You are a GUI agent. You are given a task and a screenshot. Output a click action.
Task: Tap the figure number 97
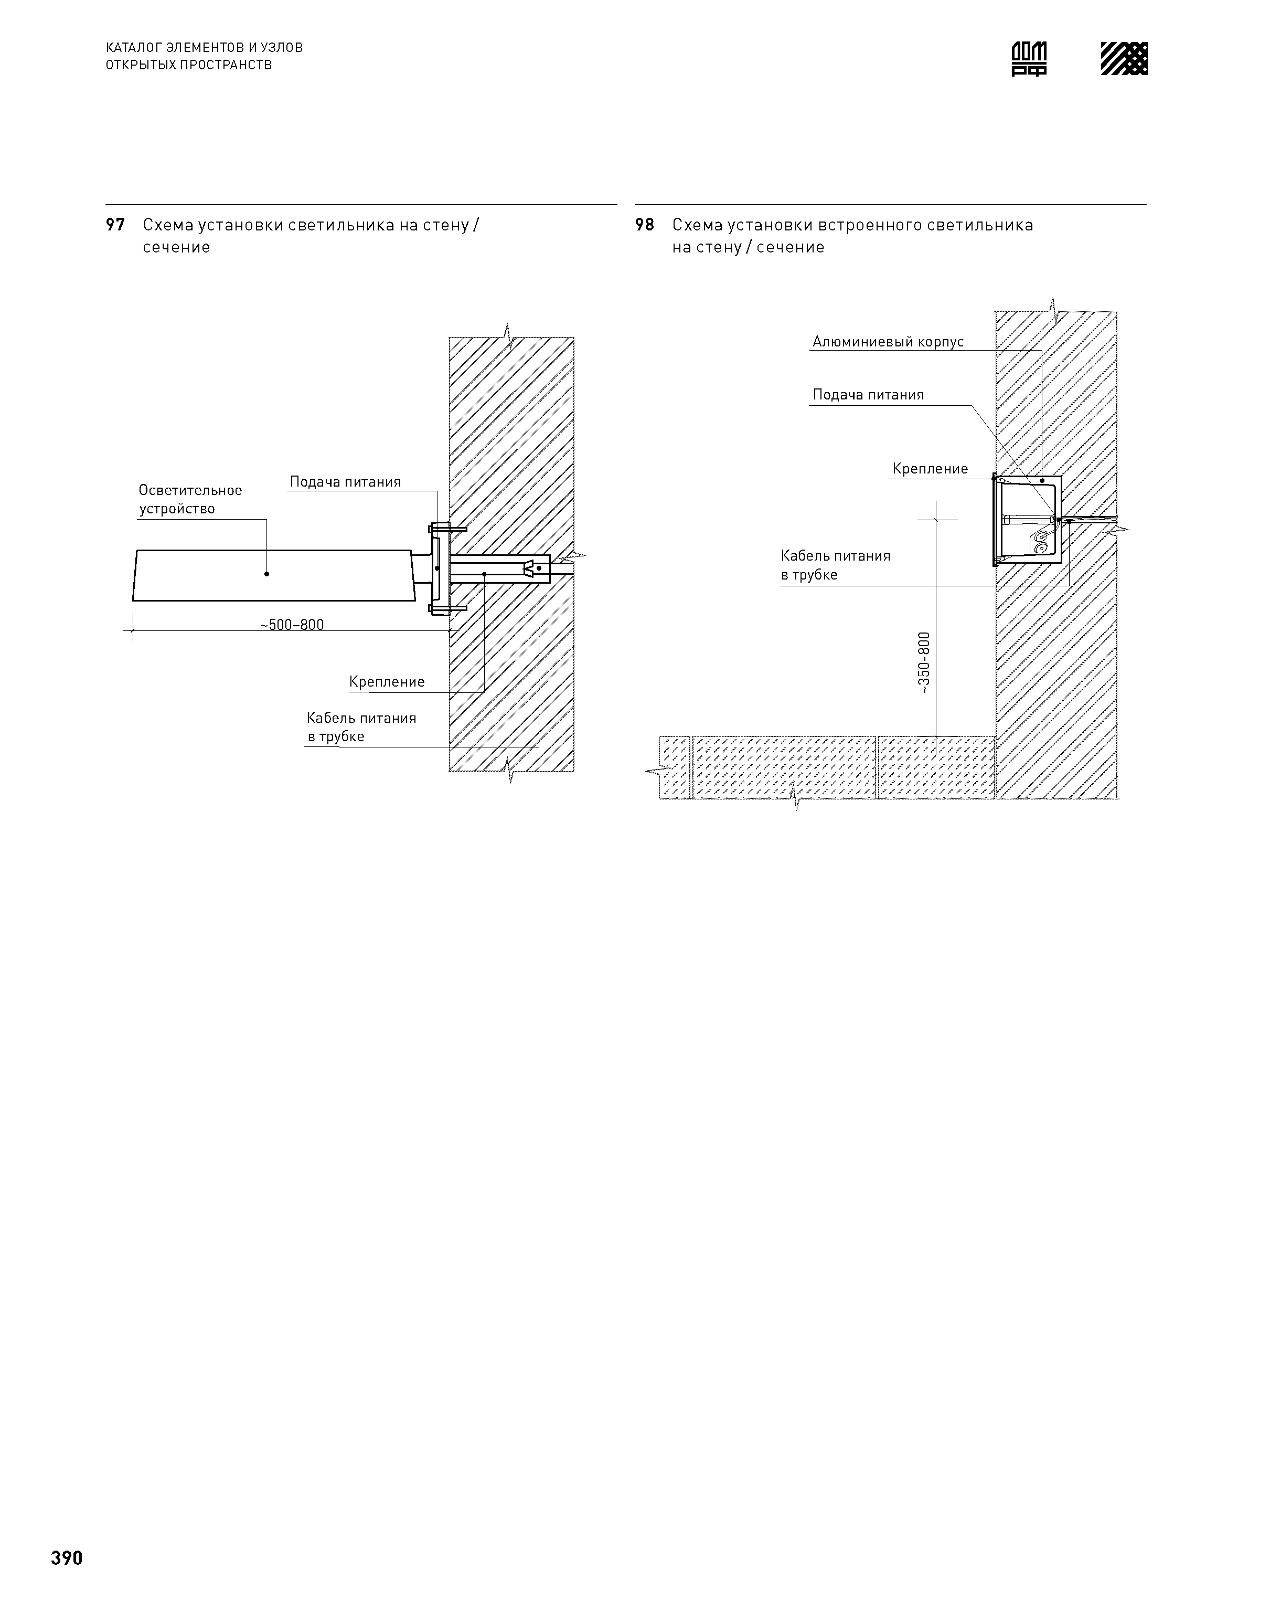pos(115,225)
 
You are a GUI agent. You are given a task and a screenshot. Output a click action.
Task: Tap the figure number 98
pos(645,225)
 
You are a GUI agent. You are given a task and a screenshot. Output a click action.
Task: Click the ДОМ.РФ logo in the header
pos(1029,59)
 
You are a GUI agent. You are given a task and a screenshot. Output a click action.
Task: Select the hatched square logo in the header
pos(1124,59)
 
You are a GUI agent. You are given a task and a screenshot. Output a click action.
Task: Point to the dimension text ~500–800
pos(292,625)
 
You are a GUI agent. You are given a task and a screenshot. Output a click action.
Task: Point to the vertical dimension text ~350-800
pos(923,663)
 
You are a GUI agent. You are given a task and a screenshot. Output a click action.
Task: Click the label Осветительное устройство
pos(190,499)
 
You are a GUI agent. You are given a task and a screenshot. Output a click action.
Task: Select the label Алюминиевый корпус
pos(888,342)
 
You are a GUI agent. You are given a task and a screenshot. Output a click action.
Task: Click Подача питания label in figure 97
pos(345,482)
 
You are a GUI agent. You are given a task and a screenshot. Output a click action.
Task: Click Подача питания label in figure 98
pos(868,395)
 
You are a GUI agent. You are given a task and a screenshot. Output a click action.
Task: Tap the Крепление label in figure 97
pos(387,682)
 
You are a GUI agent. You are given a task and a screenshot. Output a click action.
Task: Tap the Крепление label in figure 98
pos(930,469)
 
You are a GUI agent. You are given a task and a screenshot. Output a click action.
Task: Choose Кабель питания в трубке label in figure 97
pos(361,727)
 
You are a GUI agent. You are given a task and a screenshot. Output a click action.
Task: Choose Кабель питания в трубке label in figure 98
pos(835,565)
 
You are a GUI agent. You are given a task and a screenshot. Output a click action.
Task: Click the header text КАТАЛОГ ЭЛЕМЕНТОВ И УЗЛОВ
pos(205,48)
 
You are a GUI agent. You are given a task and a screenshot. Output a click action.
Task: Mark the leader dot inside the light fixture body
pos(266,574)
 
